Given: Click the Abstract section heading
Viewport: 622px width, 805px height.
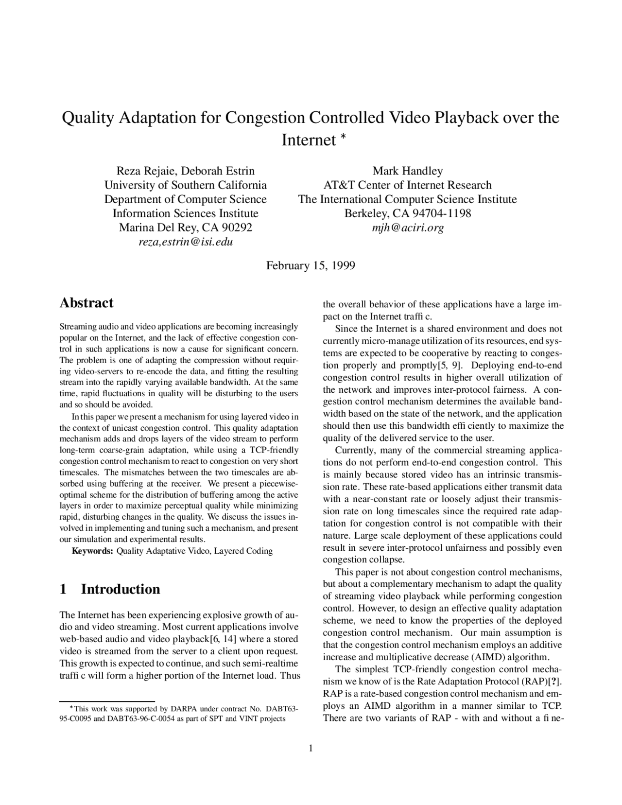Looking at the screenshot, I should pos(86,303).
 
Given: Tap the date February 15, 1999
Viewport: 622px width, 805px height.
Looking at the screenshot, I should pos(310,265).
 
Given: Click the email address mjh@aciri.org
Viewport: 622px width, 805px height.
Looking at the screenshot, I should pos(407,227).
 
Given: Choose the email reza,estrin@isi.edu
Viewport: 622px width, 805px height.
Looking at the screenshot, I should pos(186,242).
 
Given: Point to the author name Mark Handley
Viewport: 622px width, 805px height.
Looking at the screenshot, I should pos(407,171).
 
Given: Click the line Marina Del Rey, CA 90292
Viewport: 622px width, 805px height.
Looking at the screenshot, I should pos(186,227).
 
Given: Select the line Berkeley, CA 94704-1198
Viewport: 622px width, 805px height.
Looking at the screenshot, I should pos(407,213).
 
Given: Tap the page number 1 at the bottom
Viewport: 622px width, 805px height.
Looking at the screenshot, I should pos(311,748).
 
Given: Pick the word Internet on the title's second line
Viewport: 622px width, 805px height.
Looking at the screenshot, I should pos(309,140).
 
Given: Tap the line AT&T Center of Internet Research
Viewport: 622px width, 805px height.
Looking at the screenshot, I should pos(407,185).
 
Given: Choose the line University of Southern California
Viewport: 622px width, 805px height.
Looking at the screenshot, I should pos(186,185).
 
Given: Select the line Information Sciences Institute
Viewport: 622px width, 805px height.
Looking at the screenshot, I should pos(186,213).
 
